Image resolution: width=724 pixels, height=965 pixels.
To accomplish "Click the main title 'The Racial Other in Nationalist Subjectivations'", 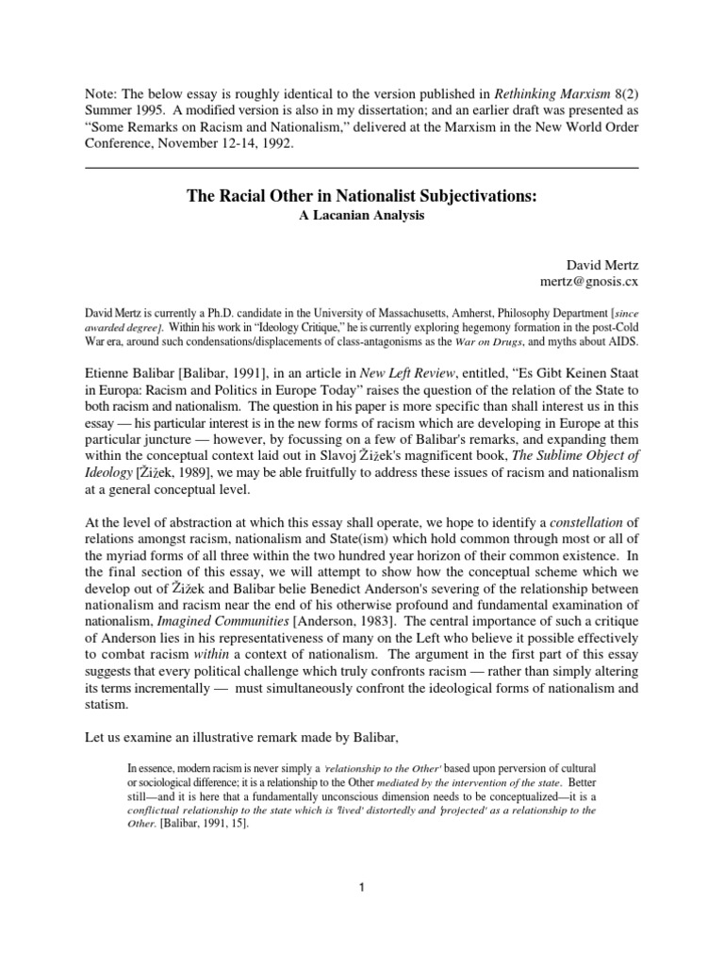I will tap(361, 197).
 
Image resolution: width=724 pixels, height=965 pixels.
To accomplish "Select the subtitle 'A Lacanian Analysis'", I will tap(361, 216).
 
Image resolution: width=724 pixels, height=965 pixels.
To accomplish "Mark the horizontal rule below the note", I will tap(361, 167).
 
